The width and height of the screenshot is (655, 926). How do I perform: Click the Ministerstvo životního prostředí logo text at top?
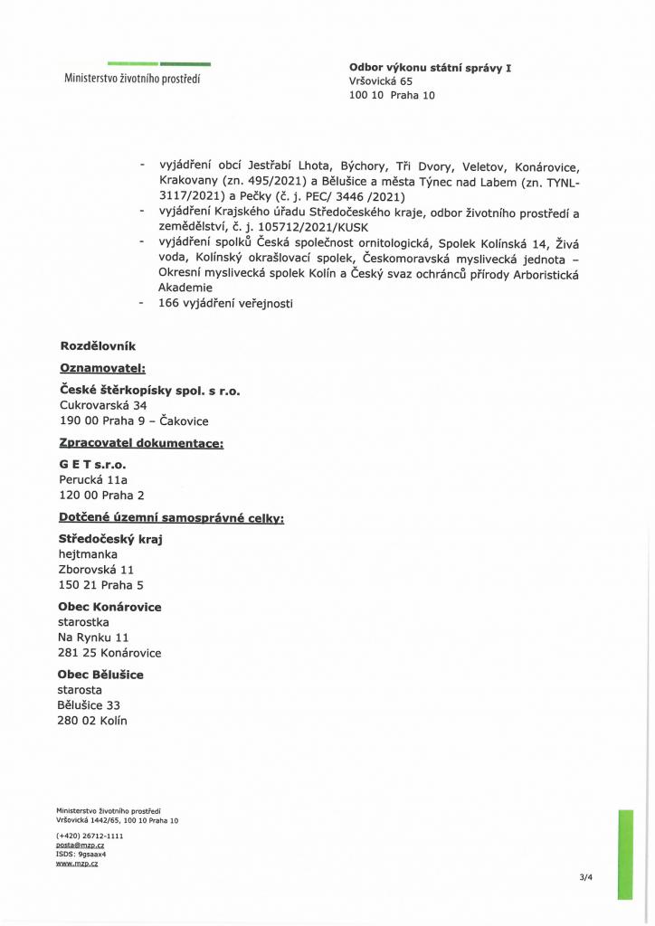point(132,78)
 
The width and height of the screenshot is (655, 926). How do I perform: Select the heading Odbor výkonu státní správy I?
point(430,68)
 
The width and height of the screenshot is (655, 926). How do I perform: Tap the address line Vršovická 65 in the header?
point(380,80)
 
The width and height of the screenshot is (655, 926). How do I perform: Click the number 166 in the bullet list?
point(170,304)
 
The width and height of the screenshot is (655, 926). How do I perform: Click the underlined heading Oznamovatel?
point(101,369)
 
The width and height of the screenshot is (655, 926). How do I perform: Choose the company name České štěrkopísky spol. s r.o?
point(149,392)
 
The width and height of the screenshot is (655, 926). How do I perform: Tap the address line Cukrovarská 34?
point(102,406)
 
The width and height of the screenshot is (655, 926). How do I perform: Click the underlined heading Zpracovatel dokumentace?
point(140,444)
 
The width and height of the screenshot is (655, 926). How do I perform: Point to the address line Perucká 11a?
point(93,480)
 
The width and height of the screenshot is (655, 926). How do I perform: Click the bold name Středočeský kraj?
point(109,540)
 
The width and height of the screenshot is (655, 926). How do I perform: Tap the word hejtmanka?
point(88,554)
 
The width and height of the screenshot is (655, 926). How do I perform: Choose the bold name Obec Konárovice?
point(109,607)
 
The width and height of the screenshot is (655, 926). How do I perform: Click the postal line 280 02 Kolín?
point(92,721)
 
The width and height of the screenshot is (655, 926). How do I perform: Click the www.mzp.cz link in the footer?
point(77,864)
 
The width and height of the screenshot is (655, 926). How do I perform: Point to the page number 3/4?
point(586,876)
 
